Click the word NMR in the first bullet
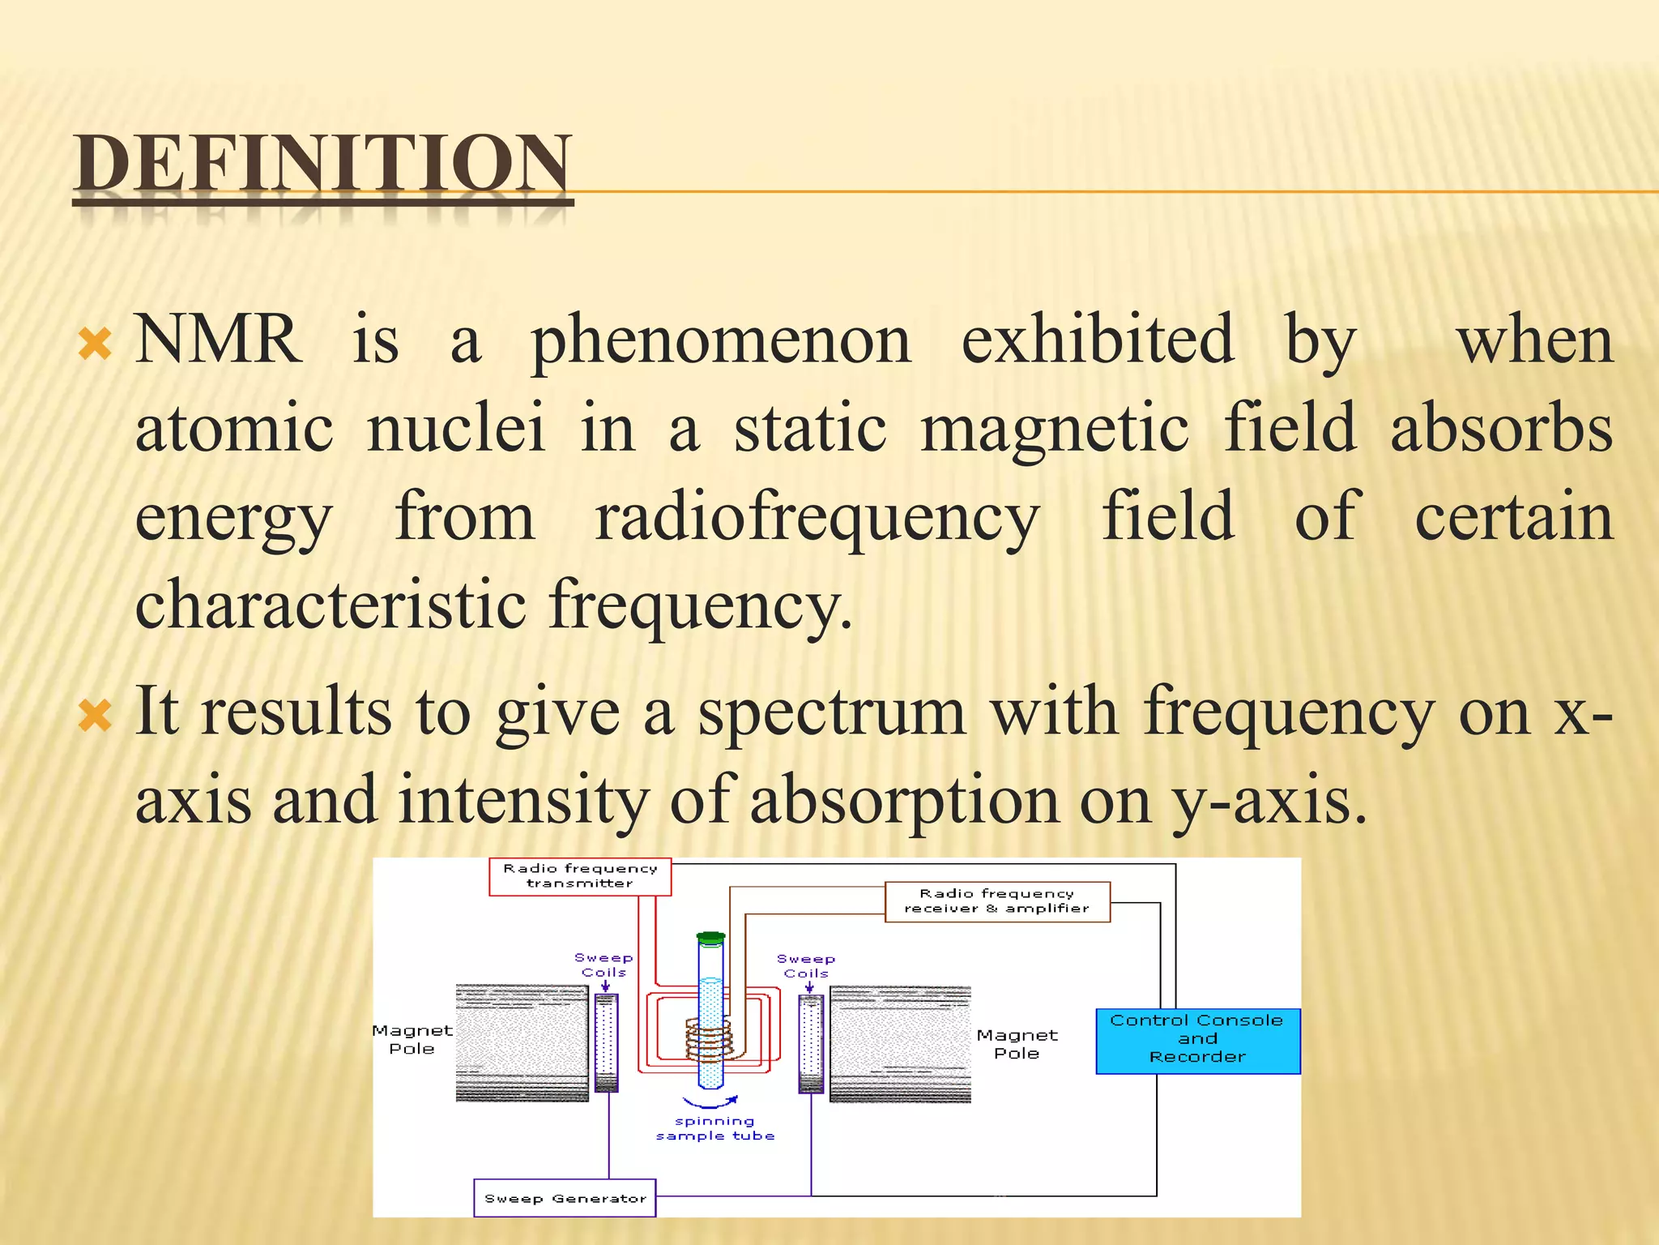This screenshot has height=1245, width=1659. click(217, 340)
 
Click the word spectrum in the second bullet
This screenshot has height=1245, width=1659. click(832, 712)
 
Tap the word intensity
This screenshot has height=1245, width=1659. click(523, 800)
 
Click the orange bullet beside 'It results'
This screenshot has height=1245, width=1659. click(96, 716)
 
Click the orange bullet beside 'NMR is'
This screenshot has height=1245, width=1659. click(96, 344)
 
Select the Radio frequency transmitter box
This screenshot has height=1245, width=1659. click(580, 876)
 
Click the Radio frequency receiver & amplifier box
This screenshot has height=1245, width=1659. click(996, 901)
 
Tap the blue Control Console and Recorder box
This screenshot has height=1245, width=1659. click(1197, 1041)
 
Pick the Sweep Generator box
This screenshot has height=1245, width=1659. click(565, 1198)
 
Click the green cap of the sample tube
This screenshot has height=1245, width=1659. click(710, 939)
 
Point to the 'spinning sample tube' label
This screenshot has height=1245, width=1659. click(714, 1128)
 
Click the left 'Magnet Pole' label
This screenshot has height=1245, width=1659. click(412, 1039)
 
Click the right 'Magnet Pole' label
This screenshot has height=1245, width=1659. click(1017, 1044)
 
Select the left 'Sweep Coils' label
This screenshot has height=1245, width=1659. click(603, 965)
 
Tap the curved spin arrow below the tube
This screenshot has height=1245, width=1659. click(710, 1102)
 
